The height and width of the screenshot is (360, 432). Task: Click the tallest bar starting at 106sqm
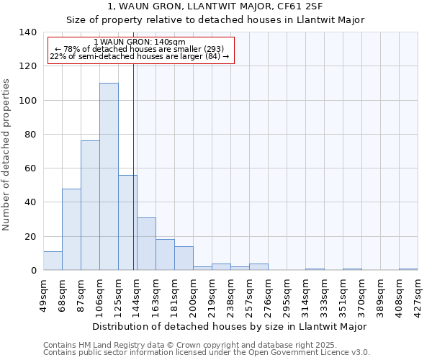109,176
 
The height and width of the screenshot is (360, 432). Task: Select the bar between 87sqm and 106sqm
90,205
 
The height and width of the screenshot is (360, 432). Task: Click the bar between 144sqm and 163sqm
146,243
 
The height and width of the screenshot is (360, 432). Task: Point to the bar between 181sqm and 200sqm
184,258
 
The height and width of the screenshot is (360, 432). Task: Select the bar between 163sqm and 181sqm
165,254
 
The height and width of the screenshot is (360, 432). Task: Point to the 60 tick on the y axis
30,168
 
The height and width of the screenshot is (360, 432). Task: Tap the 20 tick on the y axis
30,236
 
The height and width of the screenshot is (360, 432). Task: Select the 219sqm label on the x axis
212,294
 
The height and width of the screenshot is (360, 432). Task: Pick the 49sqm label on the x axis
43,294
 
